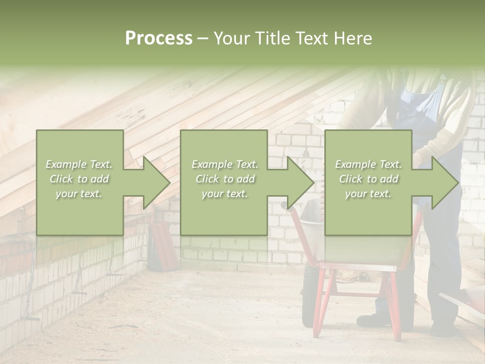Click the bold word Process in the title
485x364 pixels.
[159, 38]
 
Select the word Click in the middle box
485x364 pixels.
[207, 179]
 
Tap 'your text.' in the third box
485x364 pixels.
[368, 194]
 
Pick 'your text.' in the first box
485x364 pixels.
[79, 194]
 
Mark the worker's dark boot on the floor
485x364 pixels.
[371, 320]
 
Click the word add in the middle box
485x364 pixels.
[246, 179]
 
